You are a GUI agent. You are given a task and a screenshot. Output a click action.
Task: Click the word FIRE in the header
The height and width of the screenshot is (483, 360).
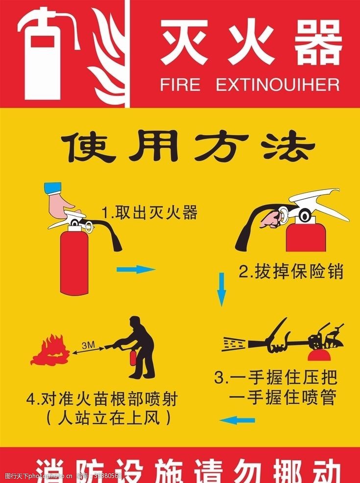[x=180, y=85]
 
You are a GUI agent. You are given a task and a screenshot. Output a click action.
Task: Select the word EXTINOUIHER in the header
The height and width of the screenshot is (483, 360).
[x=278, y=85]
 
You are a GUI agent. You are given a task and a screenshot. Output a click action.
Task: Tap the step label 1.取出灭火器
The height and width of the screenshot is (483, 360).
[x=149, y=213]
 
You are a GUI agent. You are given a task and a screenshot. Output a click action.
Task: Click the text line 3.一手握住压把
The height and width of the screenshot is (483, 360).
[x=277, y=378]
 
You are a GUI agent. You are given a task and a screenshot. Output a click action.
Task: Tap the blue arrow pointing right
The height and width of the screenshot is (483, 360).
[x=136, y=269]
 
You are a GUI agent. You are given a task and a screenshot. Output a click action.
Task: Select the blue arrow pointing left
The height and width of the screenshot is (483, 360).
[x=238, y=420]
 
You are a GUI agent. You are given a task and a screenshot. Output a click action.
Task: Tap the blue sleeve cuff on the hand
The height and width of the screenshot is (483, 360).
[x=52, y=187]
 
